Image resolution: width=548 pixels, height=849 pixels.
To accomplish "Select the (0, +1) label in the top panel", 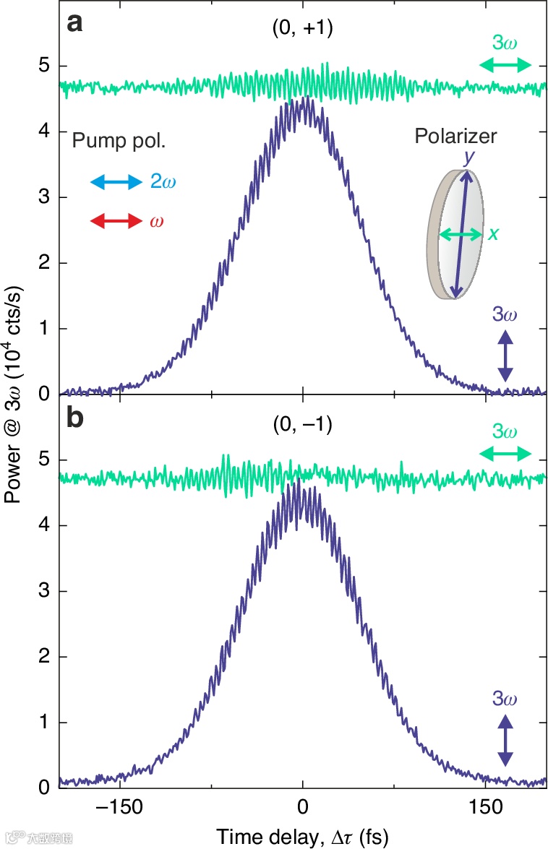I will (302, 30).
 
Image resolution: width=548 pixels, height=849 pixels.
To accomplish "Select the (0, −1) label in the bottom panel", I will (302, 426).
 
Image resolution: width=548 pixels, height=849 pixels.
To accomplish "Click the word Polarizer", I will (455, 137).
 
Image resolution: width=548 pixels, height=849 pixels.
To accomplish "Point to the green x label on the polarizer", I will (494, 234).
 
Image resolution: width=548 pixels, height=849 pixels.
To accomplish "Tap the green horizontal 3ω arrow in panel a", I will (505, 66).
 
